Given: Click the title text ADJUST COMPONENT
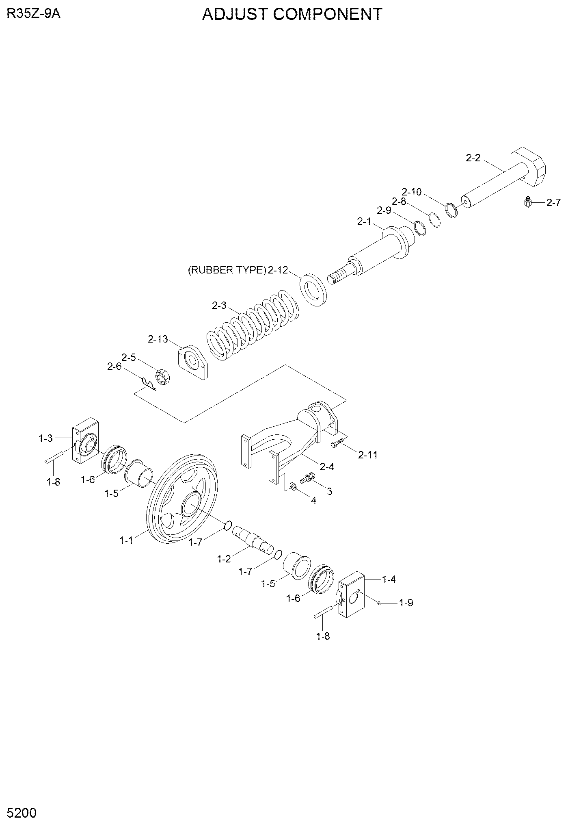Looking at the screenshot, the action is [x=292, y=14].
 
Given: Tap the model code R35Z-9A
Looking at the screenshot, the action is [x=34, y=14].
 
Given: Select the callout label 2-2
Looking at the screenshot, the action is [x=473, y=158].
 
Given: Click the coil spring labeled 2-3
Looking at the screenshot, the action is [x=253, y=321].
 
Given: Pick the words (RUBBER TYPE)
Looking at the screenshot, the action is [x=227, y=270].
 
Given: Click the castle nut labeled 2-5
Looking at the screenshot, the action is [x=163, y=378].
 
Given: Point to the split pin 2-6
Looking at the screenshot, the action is [x=149, y=384].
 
